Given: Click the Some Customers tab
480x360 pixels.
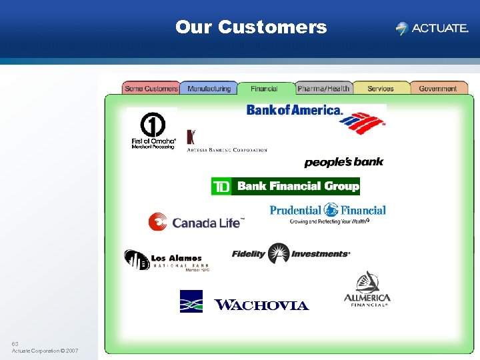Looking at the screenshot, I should coord(151,89).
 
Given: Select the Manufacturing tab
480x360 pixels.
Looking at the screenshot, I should coord(209,89).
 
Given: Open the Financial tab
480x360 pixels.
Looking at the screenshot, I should coord(265,89).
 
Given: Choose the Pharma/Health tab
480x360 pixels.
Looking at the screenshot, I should coord(323,89).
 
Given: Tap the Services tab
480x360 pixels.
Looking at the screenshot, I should coord(380,89).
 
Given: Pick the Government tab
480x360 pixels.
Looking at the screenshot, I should coord(438,89).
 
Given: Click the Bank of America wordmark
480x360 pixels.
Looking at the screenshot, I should coord(294,110).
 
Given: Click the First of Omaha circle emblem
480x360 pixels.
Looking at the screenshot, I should coord(153,125).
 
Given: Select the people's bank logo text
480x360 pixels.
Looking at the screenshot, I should coord(344,163).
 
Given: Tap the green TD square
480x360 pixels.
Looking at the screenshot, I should coord(221,187).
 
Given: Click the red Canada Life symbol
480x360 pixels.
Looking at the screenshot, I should coord(158,221).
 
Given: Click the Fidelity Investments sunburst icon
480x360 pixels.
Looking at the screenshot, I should coord(278,253).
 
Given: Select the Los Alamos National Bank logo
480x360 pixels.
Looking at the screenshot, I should coord(163,259).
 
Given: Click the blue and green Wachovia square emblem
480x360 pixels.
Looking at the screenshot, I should coord(191,301).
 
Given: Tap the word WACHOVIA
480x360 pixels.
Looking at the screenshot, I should coord(261,305).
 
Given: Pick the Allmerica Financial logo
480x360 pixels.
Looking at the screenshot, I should coord(367,290).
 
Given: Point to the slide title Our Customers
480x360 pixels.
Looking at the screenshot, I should coord(251,27).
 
